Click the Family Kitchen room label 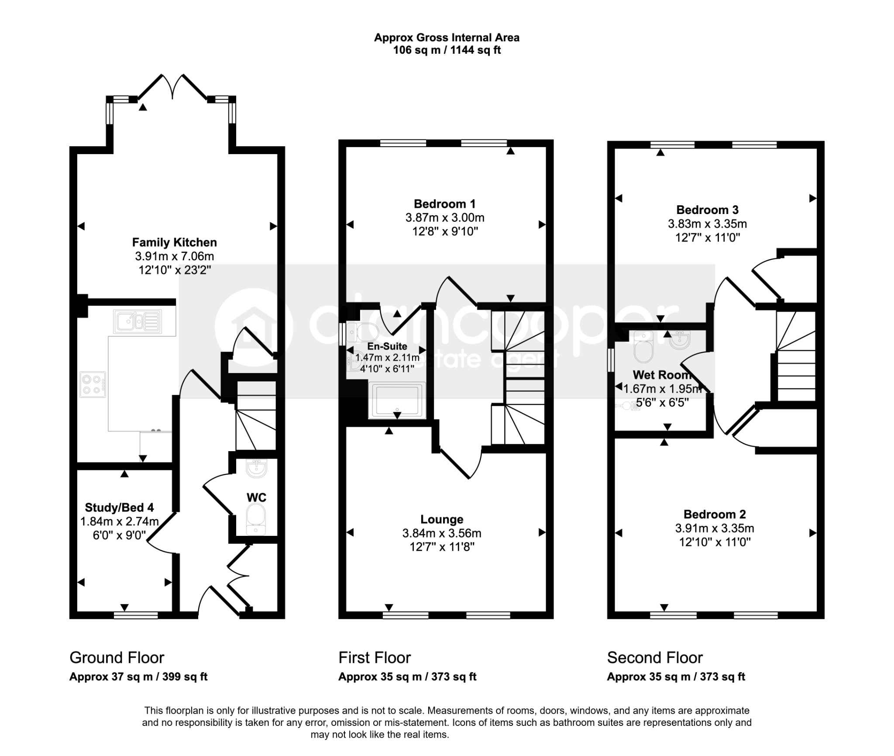coord(174,242)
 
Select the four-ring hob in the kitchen coord(93,384)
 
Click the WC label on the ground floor coord(256,497)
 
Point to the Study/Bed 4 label coord(119,507)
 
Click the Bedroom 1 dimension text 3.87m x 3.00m coord(445,217)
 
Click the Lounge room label coord(442,519)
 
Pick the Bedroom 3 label coord(707,210)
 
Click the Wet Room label coord(662,375)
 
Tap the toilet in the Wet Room coord(643,347)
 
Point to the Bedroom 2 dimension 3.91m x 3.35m coord(715,528)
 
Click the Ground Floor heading coord(117,658)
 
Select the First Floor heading coord(375,658)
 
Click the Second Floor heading coord(655,658)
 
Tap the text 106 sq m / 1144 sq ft coord(447,50)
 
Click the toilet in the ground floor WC coord(256,519)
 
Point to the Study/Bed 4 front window coord(136,615)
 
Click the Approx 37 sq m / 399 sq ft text coord(138,677)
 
